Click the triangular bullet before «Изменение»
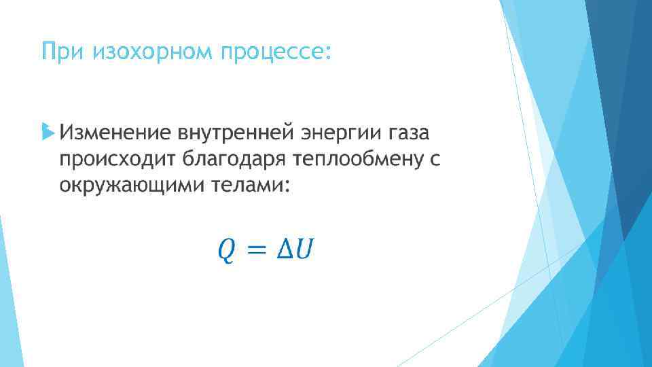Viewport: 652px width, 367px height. [46, 129]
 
